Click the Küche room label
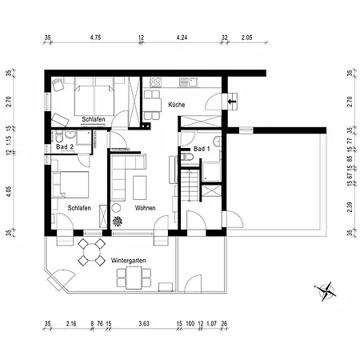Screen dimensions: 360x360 point(177,105)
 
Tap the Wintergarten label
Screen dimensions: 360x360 point(128,260)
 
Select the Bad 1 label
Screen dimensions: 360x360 point(202,149)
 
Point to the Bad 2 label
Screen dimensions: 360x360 point(65,146)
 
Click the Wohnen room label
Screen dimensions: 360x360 point(145,208)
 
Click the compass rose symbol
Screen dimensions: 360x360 point(325,291)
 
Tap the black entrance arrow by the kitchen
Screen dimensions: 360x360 point(231,102)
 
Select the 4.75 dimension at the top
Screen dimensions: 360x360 point(95,38)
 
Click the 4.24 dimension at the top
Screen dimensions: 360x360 point(182,38)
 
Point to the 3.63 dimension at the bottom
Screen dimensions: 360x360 point(144,324)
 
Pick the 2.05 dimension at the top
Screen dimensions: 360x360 point(246,38)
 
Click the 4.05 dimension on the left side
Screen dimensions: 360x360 point(10,191)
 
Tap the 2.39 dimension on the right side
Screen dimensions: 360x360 point(350,207)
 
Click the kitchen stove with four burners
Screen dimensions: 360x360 point(155,82)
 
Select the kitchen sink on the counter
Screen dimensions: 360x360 point(188,82)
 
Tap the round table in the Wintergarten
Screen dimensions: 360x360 point(91,252)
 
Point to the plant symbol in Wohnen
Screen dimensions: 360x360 point(118,221)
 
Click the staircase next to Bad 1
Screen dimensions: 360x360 point(190,186)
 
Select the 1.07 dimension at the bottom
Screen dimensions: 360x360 point(211,324)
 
